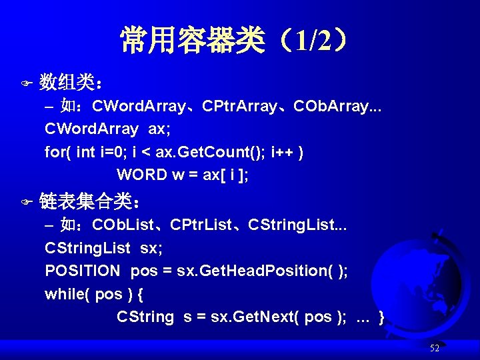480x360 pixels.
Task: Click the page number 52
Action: [435, 348]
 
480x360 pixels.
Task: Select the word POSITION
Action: [83, 271]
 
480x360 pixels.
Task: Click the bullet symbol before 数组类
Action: [27, 84]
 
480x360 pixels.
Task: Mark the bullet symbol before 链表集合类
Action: [27, 200]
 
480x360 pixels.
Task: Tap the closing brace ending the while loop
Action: [381, 317]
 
